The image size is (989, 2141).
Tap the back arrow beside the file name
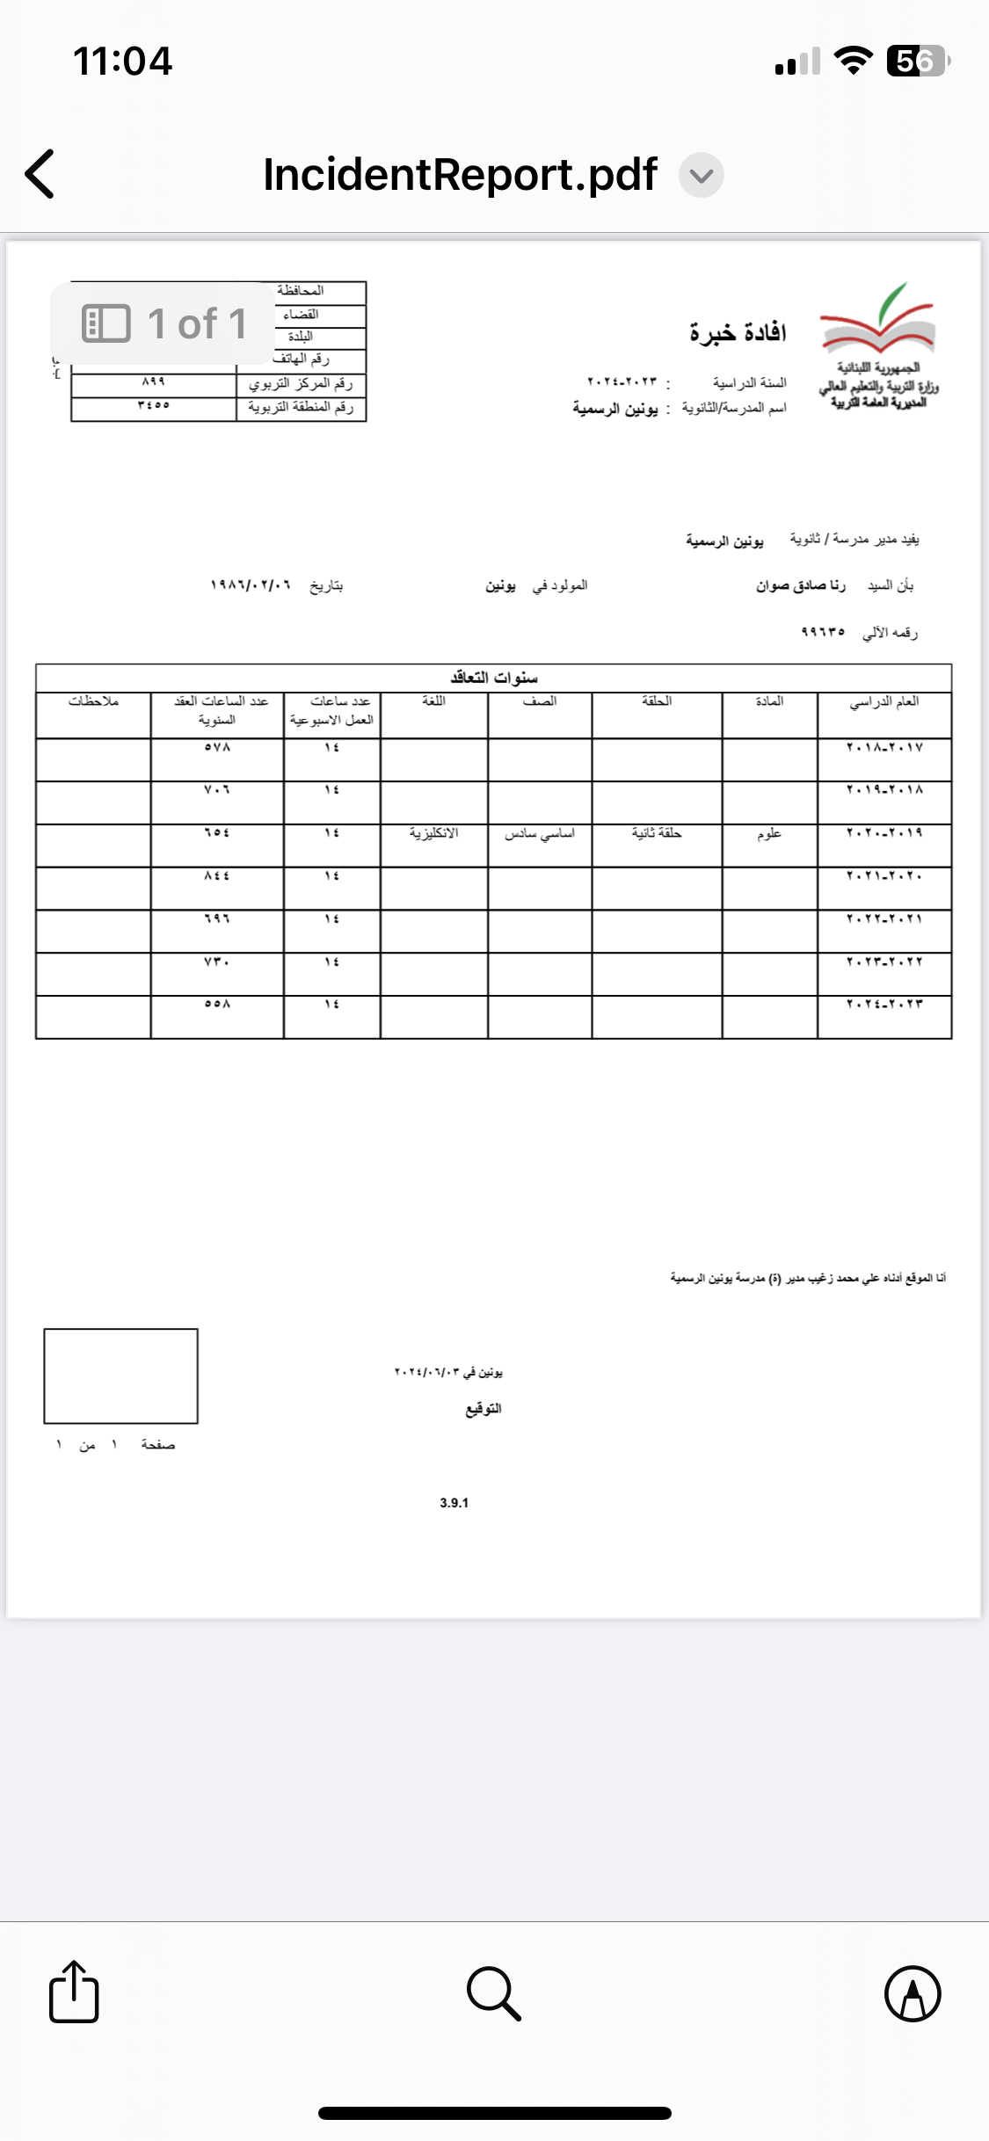[40, 173]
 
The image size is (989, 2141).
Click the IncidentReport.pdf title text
[460, 174]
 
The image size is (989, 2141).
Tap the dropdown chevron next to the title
[701, 175]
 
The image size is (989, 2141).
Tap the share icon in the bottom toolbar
[74, 1992]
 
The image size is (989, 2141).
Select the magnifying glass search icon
[494, 1993]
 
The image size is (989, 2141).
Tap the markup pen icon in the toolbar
[913, 1993]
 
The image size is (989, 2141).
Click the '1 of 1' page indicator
[164, 323]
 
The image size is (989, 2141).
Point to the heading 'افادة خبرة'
[738, 332]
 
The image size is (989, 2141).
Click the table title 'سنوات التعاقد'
[494, 678]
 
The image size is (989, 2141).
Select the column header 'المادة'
[769, 701]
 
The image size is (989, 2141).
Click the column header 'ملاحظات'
[93, 701]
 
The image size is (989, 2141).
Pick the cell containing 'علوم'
[769, 833]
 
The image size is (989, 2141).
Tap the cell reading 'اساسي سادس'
[540, 833]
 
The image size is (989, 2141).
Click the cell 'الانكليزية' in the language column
[433, 833]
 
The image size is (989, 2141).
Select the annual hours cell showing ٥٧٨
[217, 748]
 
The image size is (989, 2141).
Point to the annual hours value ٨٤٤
[217, 876]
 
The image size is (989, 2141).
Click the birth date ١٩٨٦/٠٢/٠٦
[251, 585]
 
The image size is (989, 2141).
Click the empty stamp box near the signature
[121, 1375]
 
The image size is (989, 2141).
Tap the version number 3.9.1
[455, 1503]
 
